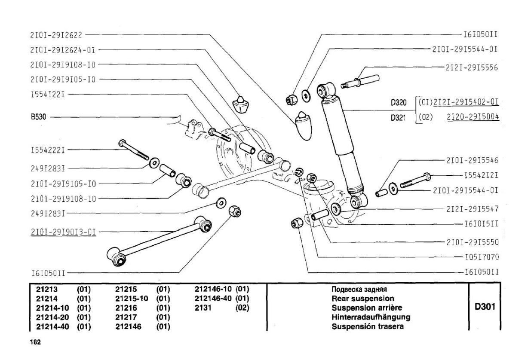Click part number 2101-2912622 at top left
click(56, 35)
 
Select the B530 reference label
click(38, 117)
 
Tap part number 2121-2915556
click(472, 68)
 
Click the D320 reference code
click(399, 102)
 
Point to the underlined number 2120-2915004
click(473, 117)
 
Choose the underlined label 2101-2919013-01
click(63, 232)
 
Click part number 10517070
click(482, 257)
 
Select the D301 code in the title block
click(485, 307)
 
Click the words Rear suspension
click(363, 299)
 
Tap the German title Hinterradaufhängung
click(371, 317)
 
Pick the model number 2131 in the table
click(203, 308)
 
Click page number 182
click(35, 342)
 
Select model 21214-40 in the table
click(52, 326)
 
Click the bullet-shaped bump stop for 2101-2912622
click(303, 126)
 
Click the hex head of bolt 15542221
click(122, 143)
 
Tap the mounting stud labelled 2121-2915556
click(360, 82)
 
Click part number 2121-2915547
click(472, 209)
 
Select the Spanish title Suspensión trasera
click(368, 326)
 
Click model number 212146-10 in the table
click(213, 289)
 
